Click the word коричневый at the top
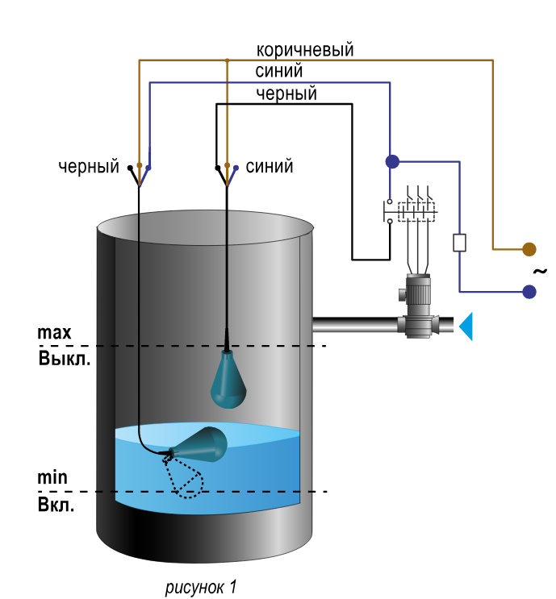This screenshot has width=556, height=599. coord(305,51)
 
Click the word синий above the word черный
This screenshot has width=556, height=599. coord(278,71)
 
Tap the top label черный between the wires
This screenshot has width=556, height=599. coord(286,94)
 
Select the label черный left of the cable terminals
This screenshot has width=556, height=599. coord(89,167)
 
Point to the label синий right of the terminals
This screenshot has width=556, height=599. coord(270,167)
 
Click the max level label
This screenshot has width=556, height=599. coord(54,333)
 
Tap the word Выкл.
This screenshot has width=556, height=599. coord(65,359)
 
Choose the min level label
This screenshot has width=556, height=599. coord(52,477)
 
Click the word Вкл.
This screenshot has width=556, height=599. coord(56,505)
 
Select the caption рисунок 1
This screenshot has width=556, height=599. coord(201,587)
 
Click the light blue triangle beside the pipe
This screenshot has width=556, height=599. coord(466,326)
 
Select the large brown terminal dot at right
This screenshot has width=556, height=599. coord(529,249)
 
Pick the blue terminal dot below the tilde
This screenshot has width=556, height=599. coord(529,292)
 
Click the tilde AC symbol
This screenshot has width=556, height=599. coord(541,272)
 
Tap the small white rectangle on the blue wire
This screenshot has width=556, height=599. coord(459,243)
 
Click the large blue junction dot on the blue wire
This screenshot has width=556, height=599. coord(392,161)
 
